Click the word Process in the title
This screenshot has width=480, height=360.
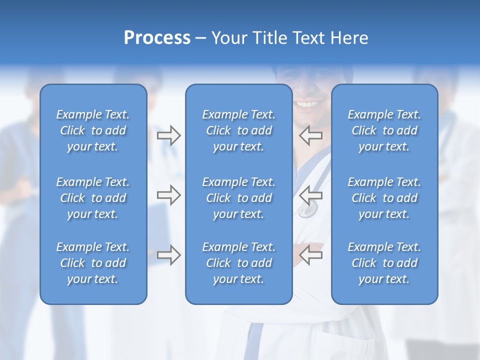coord(157,38)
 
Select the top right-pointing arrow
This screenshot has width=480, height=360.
coord(168,135)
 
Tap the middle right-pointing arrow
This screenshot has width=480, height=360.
coord(168,195)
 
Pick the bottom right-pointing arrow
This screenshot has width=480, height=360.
coord(168,255)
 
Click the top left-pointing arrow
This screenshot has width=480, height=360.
coord(311,135)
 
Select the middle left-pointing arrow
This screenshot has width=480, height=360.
coord(311,195)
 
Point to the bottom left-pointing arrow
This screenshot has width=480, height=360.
coord(311,255)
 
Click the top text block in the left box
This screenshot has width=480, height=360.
coord(93,130)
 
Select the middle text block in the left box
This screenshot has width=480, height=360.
coord(93,198)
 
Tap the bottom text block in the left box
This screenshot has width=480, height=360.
coord(93,263)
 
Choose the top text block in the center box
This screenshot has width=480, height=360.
coord(238,130)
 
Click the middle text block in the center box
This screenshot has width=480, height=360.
coord(238,198)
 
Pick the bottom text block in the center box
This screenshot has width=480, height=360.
coord(238,263)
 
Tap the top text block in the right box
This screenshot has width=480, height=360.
coord(384,130)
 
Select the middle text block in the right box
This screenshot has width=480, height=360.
coord(384,198)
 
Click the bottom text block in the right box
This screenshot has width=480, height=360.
coord(384,263)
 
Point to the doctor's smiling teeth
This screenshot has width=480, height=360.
coord(306,104)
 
